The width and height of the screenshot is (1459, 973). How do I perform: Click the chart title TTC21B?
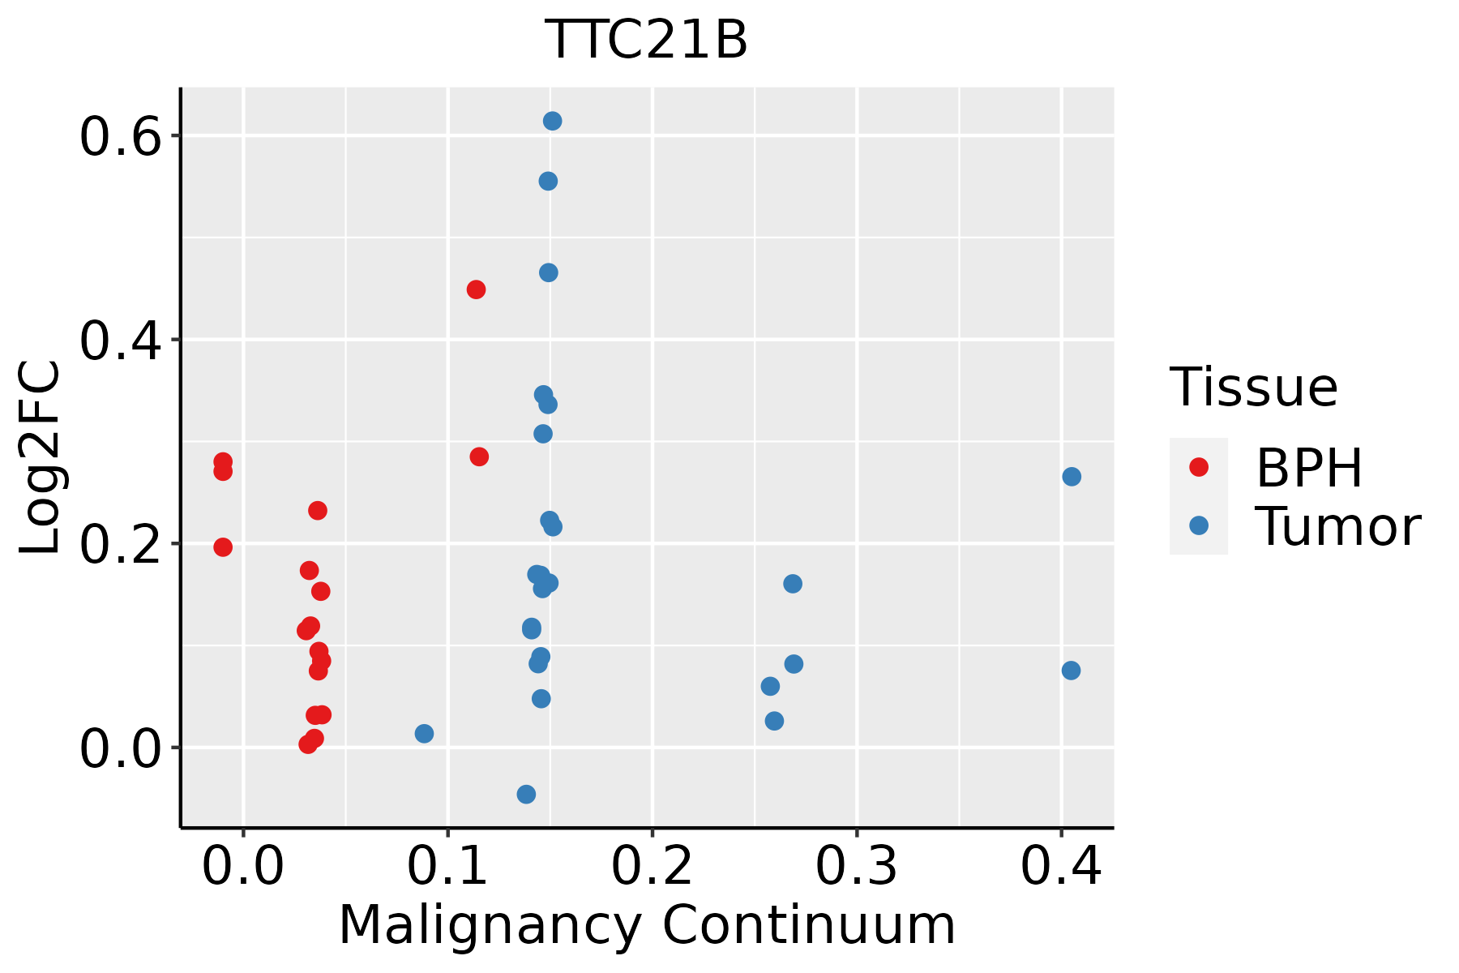647,41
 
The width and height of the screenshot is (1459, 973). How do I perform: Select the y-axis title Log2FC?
41,458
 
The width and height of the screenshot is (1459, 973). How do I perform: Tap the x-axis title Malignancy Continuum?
647,926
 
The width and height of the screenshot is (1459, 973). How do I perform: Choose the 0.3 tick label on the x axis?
856,866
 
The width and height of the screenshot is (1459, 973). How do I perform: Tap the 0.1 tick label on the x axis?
447,866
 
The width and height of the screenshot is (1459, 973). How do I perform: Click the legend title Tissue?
1253,388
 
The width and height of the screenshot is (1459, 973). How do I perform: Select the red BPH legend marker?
1198,467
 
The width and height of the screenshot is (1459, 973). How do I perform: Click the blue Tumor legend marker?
1198,525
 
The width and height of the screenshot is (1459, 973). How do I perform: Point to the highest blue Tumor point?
552,121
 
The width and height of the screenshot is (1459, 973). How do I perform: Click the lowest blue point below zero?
526,794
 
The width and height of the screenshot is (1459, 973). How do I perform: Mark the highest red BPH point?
476,289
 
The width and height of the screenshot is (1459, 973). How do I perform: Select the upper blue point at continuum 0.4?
1072,477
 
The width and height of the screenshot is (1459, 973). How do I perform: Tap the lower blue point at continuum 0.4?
1071,671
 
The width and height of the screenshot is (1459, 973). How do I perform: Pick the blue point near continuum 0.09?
424,734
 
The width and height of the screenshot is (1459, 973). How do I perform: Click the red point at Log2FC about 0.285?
479,456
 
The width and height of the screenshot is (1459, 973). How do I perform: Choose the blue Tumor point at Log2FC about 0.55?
548,181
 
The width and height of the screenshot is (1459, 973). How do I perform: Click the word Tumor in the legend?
1337,527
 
